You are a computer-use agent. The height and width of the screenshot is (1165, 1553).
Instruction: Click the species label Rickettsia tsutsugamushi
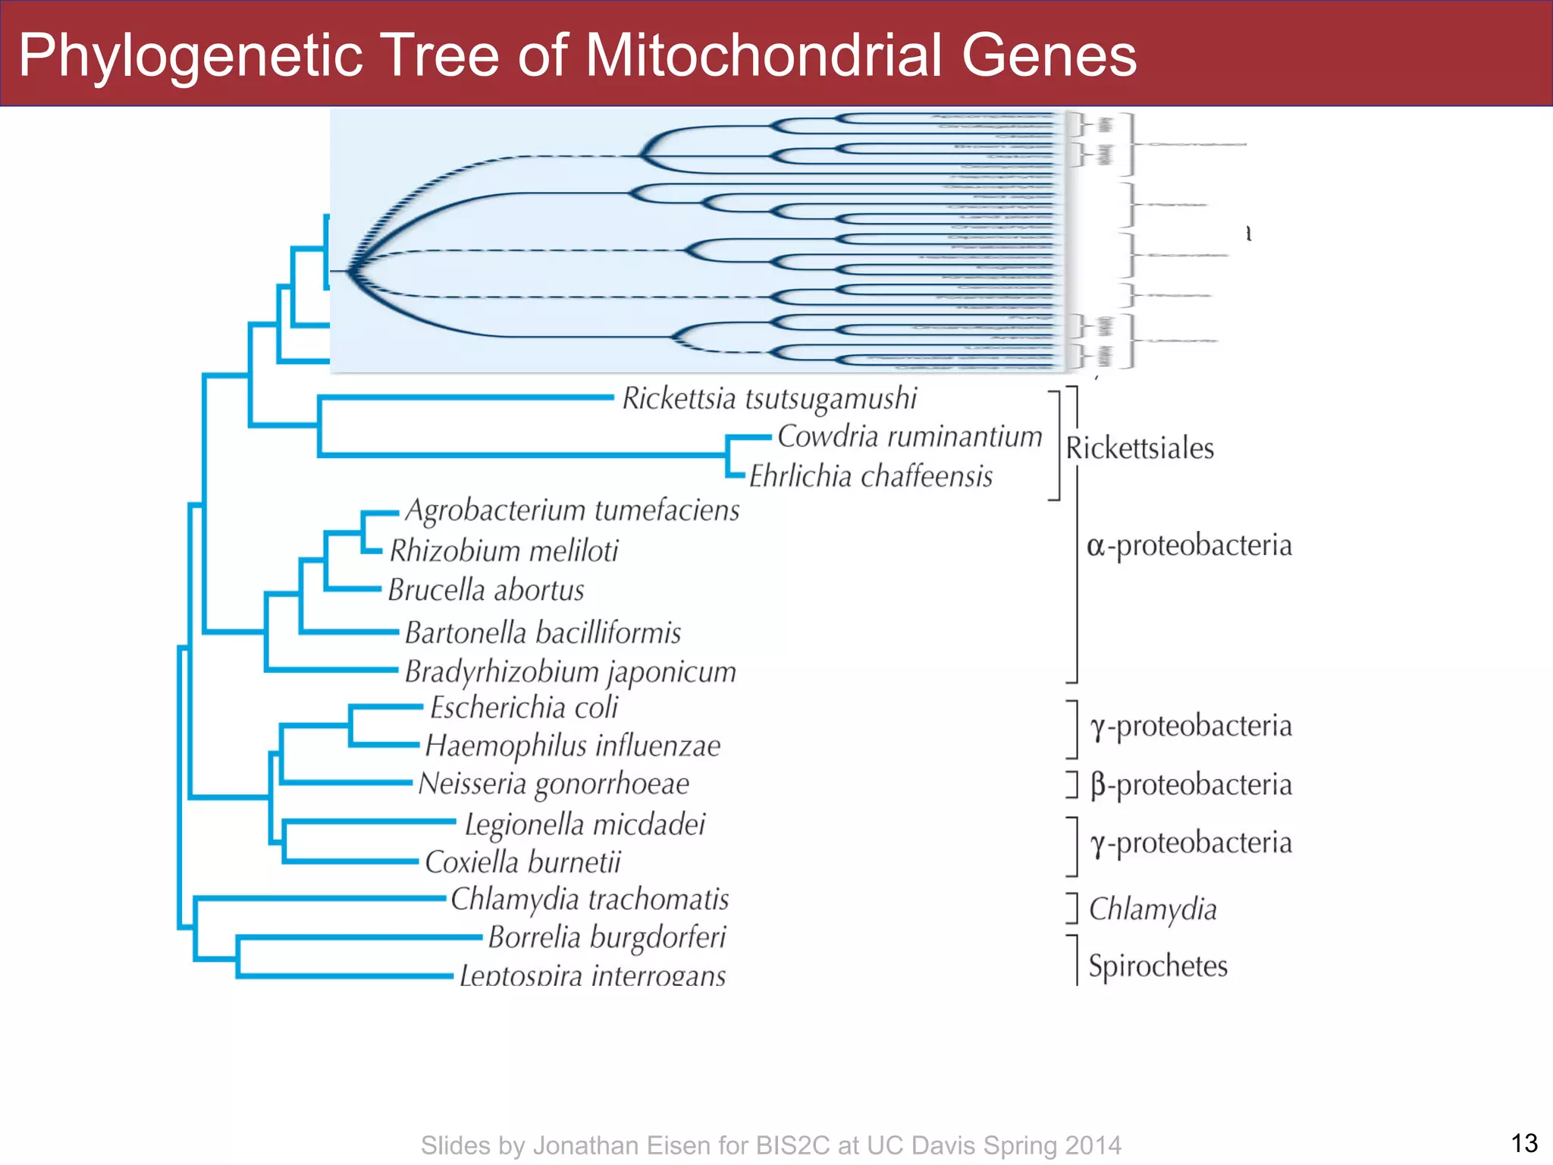pyautogui.click(x=769, y=399)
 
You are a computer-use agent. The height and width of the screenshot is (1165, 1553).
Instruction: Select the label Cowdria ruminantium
pyautogui.click(x=909, y=437)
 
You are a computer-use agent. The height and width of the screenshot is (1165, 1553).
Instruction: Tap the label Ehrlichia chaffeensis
pyautogui.click(x=871, y=477)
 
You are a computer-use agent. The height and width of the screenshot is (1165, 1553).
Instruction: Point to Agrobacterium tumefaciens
pyautogui.click(x=572, y=511)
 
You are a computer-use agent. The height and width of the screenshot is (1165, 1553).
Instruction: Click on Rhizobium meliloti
pyautogui.click(x=504, y=551)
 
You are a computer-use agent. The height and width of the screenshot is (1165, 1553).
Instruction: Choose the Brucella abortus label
pyautogui.click(x=486, y=590)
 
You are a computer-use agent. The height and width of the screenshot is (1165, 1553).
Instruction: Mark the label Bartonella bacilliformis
pyautogui.click(x=543, y=633)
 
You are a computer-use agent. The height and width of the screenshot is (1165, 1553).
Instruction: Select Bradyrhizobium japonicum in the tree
pyautogui.click(x=570, y=673)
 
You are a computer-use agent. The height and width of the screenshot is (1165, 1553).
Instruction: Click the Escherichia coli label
pyautogui.click(x=524, y=708)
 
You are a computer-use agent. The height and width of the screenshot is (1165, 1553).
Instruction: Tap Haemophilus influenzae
pyautogui.click(x=573, y=746)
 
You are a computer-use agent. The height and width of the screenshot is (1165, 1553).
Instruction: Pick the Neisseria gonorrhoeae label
pyautogui.click(x=554, y=784)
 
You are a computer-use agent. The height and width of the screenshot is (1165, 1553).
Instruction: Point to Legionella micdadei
pyautogui.click(x=585, y=825)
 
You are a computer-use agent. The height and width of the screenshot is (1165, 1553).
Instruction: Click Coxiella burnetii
pyautogui.click(x=522, y=862)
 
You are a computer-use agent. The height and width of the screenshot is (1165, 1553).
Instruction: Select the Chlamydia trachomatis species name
pyautogui.click(x=589, y=900)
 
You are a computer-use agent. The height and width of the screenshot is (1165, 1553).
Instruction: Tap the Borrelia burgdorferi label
pyautogui.click(x=607, y=938)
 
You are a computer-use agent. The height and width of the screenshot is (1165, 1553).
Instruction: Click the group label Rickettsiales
pyautogui.click(x=1139, y=449)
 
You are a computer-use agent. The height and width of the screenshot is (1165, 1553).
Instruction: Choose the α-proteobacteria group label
pyautogui.click(x=1188, y=546)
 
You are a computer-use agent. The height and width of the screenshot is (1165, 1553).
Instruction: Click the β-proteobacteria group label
pyautogui.click(x=1191, y=785)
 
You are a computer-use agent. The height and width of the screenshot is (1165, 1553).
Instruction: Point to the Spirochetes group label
pyautogui.click(x=1157, y=966)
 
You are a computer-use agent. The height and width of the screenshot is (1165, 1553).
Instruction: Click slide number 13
pyautogui.click(x=1523, y=1143)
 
